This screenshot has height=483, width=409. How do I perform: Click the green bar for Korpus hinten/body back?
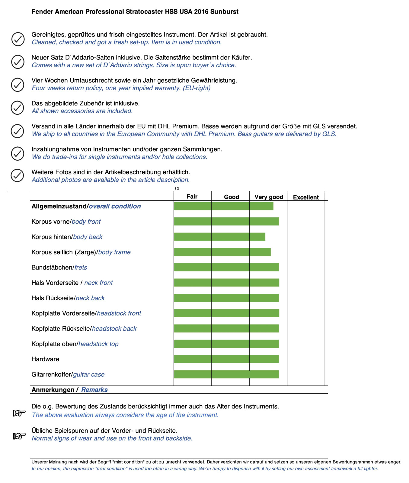[x=219, y=237]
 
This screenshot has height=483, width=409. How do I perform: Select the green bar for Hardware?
[x=226, y=359]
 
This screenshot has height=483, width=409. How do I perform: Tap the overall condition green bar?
[x=223, y=206]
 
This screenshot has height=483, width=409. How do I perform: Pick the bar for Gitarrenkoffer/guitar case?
[x=226, y=374]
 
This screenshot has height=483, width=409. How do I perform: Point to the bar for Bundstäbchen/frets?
[x=226, y=267]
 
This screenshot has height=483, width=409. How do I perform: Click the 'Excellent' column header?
[x=306, y=197]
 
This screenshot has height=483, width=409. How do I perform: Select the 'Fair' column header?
[x=192, y=197]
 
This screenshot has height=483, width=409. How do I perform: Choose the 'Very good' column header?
[x=269, y=197]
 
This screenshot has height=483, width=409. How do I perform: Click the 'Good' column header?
[x=232, y=197]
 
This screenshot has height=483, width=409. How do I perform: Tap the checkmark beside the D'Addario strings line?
[x=18, y=62]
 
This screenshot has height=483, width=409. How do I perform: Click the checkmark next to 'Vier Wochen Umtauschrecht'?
[x=18, y=85]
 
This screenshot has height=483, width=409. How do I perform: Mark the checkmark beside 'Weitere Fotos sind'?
[x=18, y=175]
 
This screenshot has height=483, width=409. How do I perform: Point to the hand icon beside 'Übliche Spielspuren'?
[x=19, y=436]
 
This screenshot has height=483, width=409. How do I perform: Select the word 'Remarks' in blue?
[x=94, y=390]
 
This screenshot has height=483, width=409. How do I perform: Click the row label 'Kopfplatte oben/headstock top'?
[x=75, y=344]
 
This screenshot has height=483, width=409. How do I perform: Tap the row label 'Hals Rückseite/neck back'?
[x=68, y=298]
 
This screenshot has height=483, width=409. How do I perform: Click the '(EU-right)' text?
[x=197, y=88]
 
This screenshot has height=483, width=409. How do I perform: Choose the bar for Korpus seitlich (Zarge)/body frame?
[x=222, y=252]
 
